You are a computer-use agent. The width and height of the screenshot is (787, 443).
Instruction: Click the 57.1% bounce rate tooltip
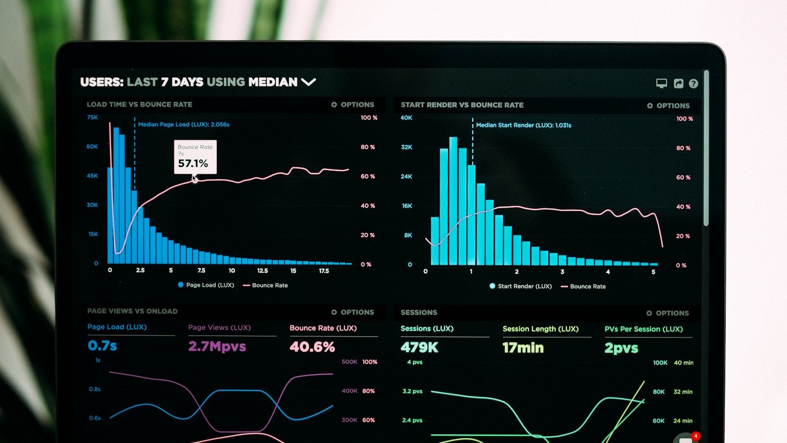coord(195,157)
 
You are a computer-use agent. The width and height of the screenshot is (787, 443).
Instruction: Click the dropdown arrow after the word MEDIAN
coord(308,82)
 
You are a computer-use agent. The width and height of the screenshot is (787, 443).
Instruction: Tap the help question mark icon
coord(693,84)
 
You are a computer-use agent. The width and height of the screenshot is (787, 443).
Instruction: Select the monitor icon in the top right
coord(662,83)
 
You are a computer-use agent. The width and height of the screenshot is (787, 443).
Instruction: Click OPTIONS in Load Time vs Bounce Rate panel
coord(353,104)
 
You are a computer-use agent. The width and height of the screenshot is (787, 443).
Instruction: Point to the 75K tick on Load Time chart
coord(92,117)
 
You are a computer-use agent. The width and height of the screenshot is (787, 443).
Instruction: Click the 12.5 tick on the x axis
coord(263,271)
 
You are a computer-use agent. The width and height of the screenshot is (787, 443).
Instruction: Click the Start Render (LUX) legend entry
coord(521,286)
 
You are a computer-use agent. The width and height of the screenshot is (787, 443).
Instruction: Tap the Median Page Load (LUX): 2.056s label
coord(183,125)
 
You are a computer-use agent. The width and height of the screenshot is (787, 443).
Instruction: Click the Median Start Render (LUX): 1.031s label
coord(523,125)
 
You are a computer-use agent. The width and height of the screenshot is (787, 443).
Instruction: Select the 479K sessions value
coord(419,348)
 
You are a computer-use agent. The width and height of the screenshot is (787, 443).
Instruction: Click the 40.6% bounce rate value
coord(312,347)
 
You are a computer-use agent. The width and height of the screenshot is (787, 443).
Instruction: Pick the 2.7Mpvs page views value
coord(217,347)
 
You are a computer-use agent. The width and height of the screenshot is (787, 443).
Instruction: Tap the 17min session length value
coord(523,348)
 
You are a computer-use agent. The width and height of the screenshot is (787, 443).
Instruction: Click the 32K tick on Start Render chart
coord(406,147)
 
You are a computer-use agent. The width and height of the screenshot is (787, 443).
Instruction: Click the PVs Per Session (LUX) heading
coord(643,329)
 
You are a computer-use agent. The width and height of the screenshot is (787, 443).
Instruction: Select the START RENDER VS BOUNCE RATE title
coord(462,105)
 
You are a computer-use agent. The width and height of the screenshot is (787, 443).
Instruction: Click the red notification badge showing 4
coord(695,436)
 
